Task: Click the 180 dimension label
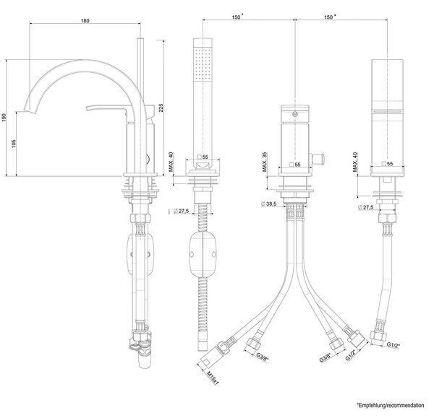pos(85,21)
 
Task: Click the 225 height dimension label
pos(161,108)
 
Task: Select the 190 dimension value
pos(4,118)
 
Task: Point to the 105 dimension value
pos(14,144)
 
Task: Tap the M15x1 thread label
pos(213,378)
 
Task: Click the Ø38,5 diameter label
pos(269,204)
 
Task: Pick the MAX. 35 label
pos(265,162)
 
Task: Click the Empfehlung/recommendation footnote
pos(391,405)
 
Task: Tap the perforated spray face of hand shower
pos(203,63)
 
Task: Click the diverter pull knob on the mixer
pos(318,159)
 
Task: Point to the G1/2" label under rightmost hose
pos(393,345)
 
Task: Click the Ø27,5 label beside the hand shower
pos(181,212)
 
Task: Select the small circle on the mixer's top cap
pos(295,113)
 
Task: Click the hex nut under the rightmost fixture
pos(387,218)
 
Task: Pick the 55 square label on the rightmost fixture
pos(387,164)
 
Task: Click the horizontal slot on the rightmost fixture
pos(387,110)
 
